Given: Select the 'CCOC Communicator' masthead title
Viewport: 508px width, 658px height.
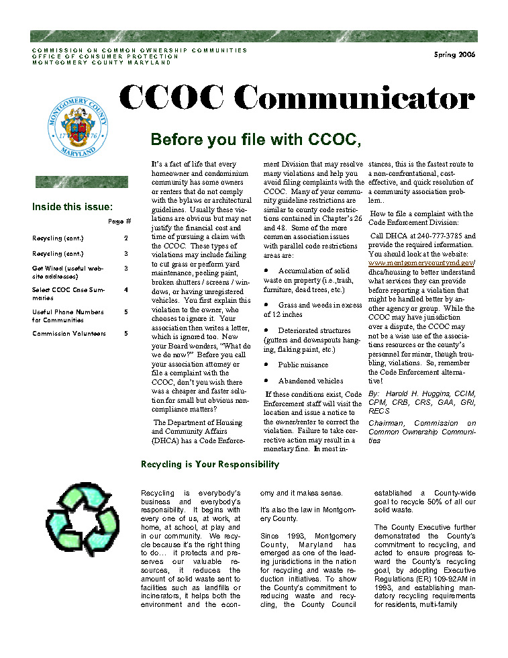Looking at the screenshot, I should [x=297, y=99].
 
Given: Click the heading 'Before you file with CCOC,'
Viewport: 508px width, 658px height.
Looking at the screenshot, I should [x=256, y=140].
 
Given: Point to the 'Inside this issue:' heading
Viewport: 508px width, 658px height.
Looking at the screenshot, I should [x=72, y=207].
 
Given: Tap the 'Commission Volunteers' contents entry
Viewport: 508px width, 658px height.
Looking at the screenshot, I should [x=68, y=334].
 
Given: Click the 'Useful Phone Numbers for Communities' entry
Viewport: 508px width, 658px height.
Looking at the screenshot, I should [x=68, y=316].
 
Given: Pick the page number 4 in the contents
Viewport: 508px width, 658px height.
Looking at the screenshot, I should [x=125, y=290].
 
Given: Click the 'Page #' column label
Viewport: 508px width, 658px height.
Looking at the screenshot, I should [x=119, y=222].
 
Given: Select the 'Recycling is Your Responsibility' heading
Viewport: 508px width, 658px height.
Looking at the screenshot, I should [x=210, y=465].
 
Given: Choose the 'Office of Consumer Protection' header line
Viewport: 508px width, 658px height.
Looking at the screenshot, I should [x=105, y=56].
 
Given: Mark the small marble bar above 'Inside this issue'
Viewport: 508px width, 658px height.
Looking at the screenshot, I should [x=81, y=181].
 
